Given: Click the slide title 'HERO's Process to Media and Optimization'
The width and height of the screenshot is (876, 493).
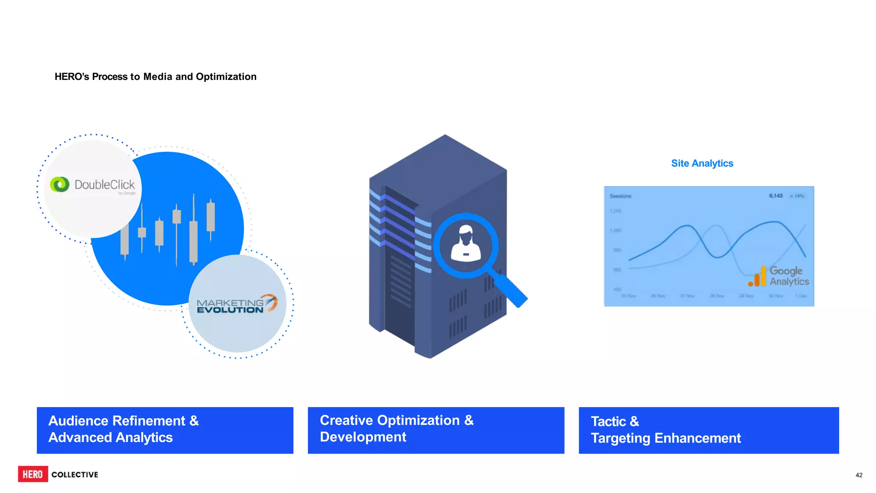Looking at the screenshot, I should pos(155,77).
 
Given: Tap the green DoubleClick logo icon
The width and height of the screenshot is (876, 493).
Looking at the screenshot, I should pos(59,184).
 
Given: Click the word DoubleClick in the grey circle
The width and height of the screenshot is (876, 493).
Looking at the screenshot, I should pos(104,185).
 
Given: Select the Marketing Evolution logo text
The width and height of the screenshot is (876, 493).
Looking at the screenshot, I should pos(230,306).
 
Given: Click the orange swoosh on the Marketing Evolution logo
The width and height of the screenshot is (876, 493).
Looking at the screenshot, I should pos(271,302).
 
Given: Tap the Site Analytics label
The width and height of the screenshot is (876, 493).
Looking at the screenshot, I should pos(702,163).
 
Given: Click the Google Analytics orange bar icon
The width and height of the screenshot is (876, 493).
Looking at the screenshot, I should pos(758,277).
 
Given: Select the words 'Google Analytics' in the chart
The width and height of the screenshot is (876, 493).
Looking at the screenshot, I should pos(789,276).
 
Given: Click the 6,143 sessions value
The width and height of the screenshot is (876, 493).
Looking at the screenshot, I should pos(775,196).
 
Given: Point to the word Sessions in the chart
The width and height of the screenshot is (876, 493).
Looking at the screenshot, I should pos(620,196).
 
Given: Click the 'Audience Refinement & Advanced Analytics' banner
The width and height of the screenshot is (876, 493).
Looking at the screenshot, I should pos(165,430).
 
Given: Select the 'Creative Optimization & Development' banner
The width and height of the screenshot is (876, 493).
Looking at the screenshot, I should pos(436,430).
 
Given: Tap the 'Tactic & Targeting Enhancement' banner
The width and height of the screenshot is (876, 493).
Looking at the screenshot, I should pos(709,430).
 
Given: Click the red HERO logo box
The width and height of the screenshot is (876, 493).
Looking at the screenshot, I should pos(33,474).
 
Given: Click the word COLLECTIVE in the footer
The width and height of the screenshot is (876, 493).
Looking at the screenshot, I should pos(75,475).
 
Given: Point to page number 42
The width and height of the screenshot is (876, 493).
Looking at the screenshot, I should pos(858,475).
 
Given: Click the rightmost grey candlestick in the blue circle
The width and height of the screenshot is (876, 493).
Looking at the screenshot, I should pos(210,217).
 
